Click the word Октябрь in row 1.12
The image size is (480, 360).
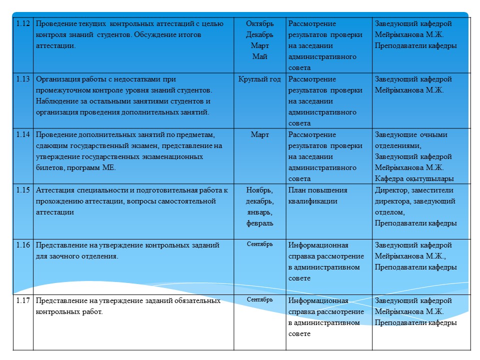260,24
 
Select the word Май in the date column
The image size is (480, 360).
260,57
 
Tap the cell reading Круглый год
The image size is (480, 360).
260,79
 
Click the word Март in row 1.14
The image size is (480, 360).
260,135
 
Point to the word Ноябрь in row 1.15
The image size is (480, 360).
259,190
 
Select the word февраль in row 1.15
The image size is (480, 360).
260,223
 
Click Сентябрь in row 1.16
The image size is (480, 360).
260,244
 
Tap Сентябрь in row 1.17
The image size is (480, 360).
260,299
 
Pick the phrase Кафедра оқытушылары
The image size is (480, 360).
414,179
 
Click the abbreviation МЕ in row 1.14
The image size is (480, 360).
108,168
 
